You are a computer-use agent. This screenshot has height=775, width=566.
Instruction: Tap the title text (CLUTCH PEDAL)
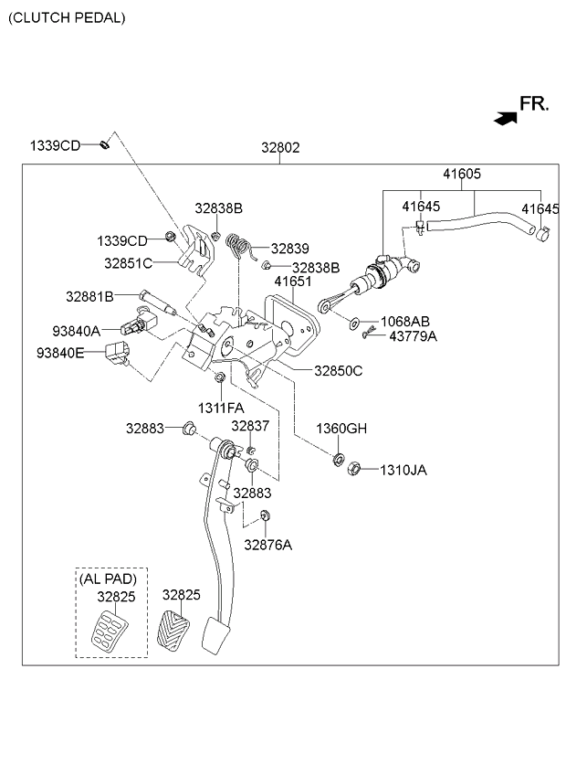tap(67, 17)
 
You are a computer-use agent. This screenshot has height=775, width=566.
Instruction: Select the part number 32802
tap(279, 146)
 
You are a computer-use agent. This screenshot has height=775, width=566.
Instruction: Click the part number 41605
tap(462, 174)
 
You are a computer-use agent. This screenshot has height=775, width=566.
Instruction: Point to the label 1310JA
tap(403, 470)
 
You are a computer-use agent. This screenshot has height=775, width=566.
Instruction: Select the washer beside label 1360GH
tap(338, 458)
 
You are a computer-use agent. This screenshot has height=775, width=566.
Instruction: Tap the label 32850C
tap(338, 371)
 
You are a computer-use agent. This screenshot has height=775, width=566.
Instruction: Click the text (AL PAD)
tap(108, 579)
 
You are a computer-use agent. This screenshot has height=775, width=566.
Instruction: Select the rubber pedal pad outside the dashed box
tap(173, 630)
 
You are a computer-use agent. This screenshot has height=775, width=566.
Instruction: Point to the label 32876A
tap(267, 545)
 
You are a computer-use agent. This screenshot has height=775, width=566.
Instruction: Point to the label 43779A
tap(413, 336)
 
